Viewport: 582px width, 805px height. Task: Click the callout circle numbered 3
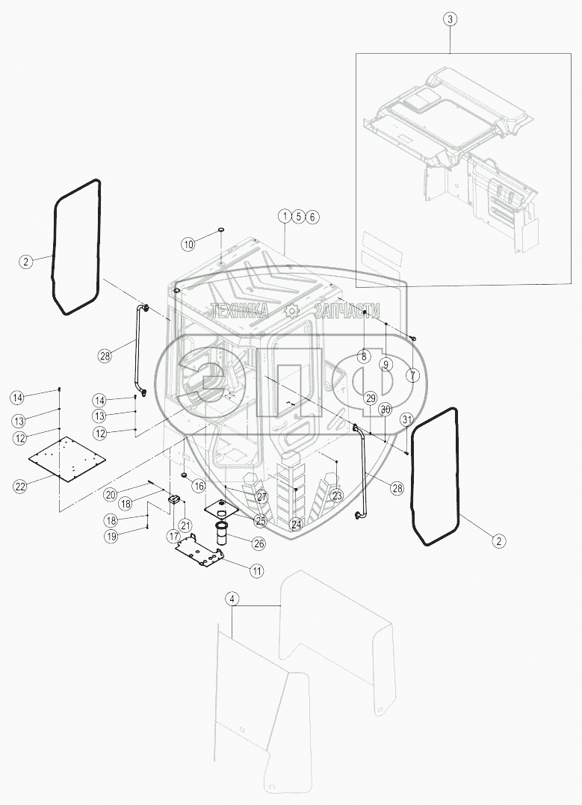(449, 20)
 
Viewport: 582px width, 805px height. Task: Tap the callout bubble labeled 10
(188, 244)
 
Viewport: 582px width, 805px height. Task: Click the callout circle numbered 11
(256, 571)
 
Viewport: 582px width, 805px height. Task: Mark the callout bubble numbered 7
(412, 374)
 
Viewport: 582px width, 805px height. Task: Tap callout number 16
(198, 486)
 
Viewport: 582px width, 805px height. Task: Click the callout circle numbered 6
(313, 216)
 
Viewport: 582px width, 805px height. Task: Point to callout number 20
(111, 493)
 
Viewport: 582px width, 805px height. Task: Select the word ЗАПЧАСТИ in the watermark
(347, 312)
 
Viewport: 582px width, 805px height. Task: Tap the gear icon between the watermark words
(292, 312)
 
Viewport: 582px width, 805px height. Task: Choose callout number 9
(386, 365)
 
